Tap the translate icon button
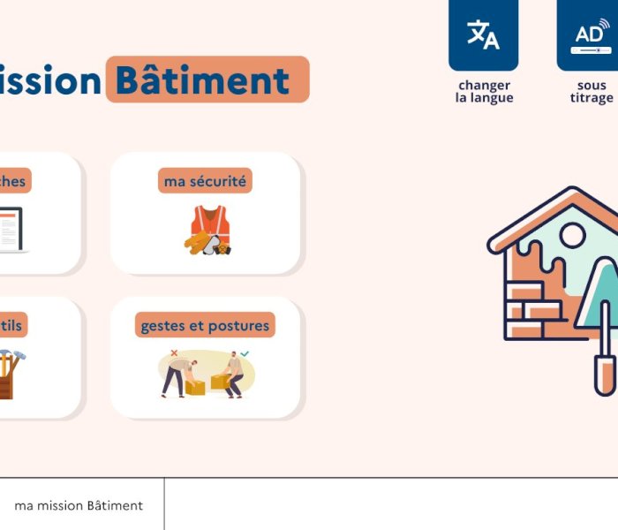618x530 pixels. (483, 34)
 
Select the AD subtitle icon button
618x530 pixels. (590, 35)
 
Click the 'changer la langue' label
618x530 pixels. (484, 92)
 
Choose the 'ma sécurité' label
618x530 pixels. (207, 181)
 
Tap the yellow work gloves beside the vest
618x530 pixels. (196, 242)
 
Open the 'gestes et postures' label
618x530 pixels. (205, 326)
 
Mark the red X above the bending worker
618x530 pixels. (174, 353)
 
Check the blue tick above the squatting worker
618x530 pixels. (245, 353)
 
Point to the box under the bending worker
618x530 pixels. (195, 386)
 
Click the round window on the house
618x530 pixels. (573, 235)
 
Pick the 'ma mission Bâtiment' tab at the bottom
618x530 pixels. (79, 506)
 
